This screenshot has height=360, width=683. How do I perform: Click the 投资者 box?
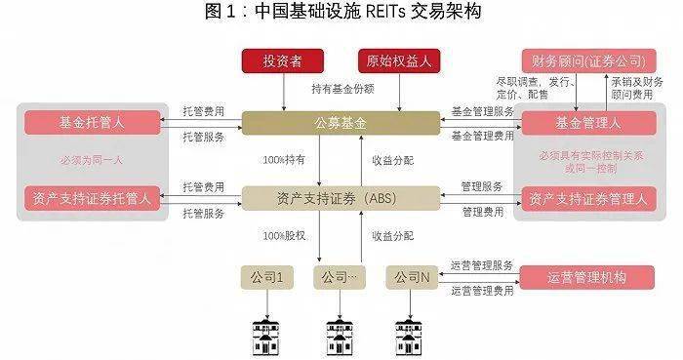pos(282,61)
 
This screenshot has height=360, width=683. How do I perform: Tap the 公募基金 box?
pos(341,123)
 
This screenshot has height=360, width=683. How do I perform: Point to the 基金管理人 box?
pos(588,123)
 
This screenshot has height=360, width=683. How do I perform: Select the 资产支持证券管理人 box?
pos(588,199)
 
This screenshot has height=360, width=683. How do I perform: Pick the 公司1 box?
pos(266,278)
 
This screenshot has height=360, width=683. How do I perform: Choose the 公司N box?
pos(413,278)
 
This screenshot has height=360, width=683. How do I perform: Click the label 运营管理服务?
pos(482,264)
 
